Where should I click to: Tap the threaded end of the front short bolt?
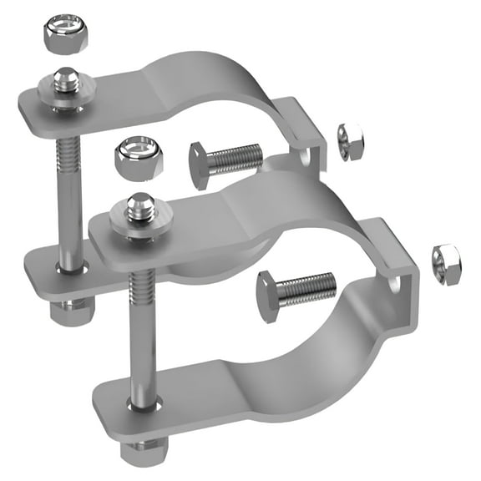tap(310, 289)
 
